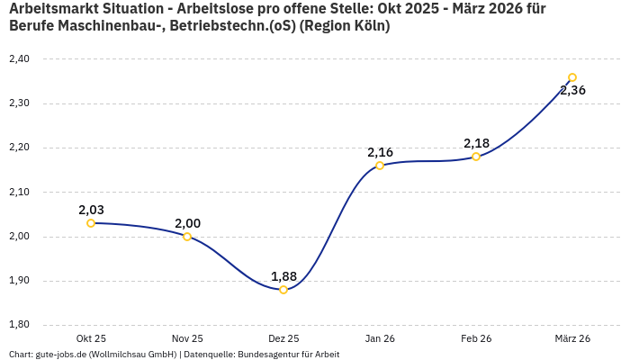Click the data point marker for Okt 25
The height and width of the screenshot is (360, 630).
click(x=91, y=223)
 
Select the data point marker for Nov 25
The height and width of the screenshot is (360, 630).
click(x=187, y=237)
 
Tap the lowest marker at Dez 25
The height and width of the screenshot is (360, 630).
click(x=283, y=290)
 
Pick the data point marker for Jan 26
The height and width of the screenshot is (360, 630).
click(x=380, y=166)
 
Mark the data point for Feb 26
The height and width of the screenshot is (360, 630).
click(x=476, y=157)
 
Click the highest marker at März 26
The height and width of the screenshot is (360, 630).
click(x=572, y=77)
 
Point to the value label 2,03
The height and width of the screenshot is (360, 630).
click(x=91, y=210)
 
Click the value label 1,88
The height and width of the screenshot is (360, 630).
click(x=283, y=276)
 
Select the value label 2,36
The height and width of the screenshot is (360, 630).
click(x=572, y=90)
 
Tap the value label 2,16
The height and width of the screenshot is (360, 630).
click(x=380, y=152)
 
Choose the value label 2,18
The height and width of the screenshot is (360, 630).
click(x=476, y=143)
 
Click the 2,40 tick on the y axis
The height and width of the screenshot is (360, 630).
click(x=19, y=59)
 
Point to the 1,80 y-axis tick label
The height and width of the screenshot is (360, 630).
click(x=19, y=325)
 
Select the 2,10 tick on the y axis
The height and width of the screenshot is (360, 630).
click(x=19, y=192)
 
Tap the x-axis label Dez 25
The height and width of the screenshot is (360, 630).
click(x=283, y=338)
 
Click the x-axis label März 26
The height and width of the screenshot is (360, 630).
click(x=572, y=338)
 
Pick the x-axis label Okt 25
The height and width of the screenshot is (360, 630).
click(x=91, y=338)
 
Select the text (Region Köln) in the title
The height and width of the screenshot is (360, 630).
click(x=346, y=26)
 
